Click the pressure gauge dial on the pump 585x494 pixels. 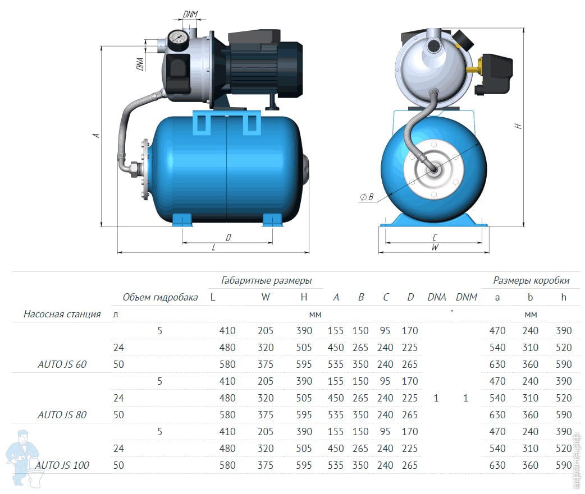pyautogui.click(x=177, y=38)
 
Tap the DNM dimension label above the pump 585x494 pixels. pyautogui.click(x=190, y=14)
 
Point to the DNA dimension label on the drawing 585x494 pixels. pyautogui.click(x=140, y=64)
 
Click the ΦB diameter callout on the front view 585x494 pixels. pyautogui.click(x=367, y=197)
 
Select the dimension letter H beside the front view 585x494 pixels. pyautogui.click(x=518, y=126)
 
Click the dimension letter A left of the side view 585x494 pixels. pyautogui.click(x=96, y=135)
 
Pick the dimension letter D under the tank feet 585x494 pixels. pyautogui.click(x=228, y=237)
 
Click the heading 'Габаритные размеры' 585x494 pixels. pyautogui.click(x=266, y=280)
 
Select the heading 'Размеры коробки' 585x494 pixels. pyautogui.click(x=531, y=280)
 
